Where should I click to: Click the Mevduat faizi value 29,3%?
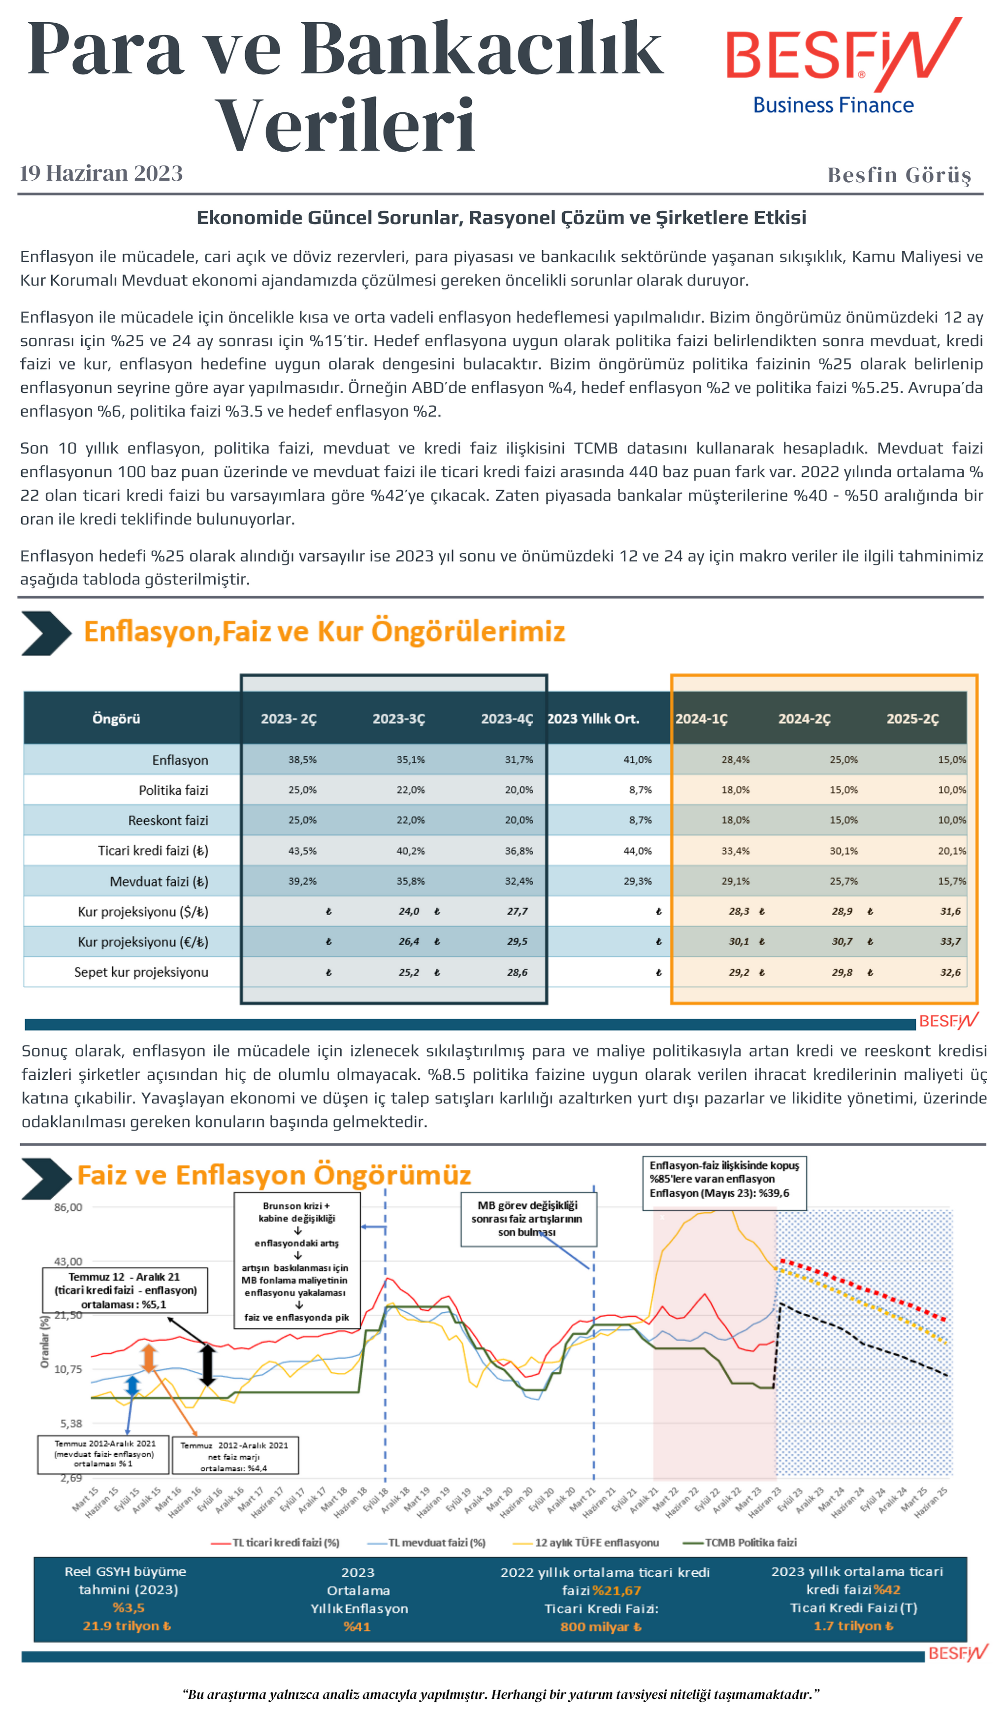click(x=637, y=881)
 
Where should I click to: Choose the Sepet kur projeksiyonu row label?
click(x=141, y=972)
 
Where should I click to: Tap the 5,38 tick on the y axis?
click(x=70, y=1424)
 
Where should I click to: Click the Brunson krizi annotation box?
click(x=297, y=1261)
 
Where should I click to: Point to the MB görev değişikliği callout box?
click(x=528, y=1219)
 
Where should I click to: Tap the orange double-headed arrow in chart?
click(x=148, y=1359)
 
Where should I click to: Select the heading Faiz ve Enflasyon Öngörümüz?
click(x=273, y=1175)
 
